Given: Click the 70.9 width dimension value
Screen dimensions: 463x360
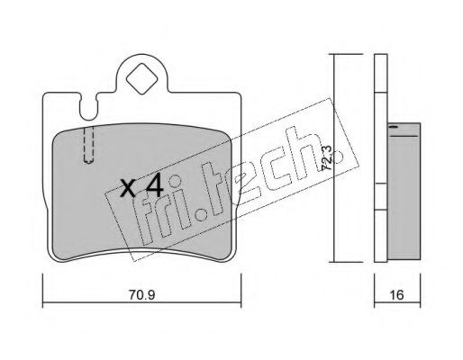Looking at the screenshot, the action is coord(141,295).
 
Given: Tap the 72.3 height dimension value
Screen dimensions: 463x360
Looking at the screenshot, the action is coord(327,157).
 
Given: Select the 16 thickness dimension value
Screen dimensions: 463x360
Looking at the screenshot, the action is coord(397,295).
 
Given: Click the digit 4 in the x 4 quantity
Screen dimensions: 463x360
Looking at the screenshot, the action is coord(154,185).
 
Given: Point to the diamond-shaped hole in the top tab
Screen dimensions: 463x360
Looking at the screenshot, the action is coord(141,78).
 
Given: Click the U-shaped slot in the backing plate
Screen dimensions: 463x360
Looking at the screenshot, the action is coord(88,107).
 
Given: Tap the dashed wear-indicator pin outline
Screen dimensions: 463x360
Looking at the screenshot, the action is coord(88,145).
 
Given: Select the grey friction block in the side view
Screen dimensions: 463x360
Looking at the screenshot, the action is coord(404,191).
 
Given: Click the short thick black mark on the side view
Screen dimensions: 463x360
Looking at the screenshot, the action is coord(394,127).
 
